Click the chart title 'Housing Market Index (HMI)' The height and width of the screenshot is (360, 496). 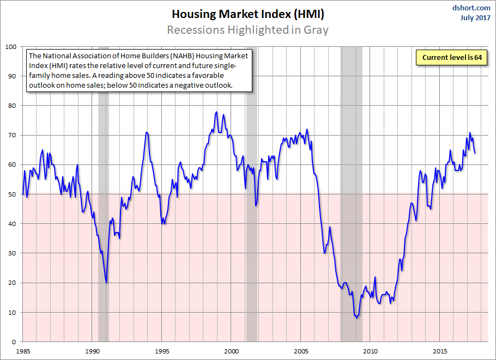pyautogui.click(x=248, y=14)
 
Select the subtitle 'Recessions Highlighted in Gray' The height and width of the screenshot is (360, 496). pyautogui.click(x=248, y=29)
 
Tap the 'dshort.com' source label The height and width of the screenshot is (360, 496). pyautogui.click(x=472, y=8)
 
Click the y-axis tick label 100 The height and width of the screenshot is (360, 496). pyautogui.click(x=10, y=46)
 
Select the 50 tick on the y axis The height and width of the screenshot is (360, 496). pyautogui.click(x=13, y=194)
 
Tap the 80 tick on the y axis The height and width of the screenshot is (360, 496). pyautogui.click(x=13, y=106)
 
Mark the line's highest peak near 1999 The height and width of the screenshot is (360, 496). pyautogui.click(x=216, y=112)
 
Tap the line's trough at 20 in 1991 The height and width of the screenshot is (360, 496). pyautogui.click(x=106, y=282)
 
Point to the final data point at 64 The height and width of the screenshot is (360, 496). pyautogui.click(x=475, y=153)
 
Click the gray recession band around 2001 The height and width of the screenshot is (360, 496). pyautogui.click(x=251, y=218)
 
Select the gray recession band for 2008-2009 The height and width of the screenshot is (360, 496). pyautogui.click(x=352, y=218)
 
